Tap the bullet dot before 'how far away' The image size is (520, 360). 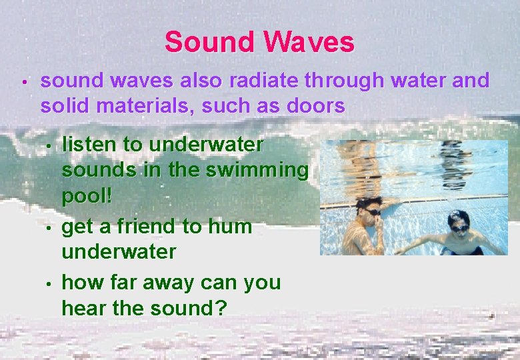tap(50, 285)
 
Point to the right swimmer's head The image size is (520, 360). tap(459, 220)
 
